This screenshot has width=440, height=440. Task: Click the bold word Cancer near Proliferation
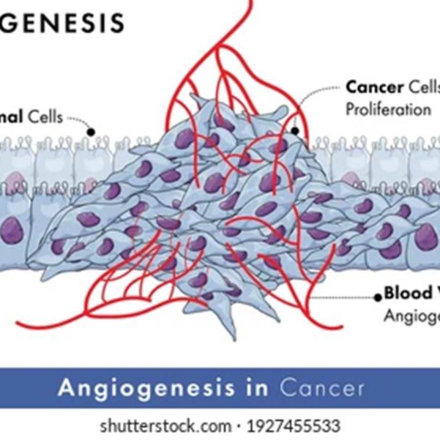coord(374,87)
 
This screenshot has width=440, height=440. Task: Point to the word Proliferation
coord(388,109)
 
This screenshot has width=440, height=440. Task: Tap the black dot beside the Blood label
coord(378,297)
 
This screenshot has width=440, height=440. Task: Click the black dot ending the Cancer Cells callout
coord(295,131)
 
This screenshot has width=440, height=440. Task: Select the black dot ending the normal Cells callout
coord(91,132)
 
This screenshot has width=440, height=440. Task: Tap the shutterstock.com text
coord(165,426)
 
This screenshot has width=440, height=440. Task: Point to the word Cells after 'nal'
coord(45,117)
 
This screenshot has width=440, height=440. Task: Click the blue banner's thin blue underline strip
coord(220,406)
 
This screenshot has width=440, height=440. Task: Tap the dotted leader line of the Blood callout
coord(345,297)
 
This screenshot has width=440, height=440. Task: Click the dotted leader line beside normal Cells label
coord(80,120)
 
